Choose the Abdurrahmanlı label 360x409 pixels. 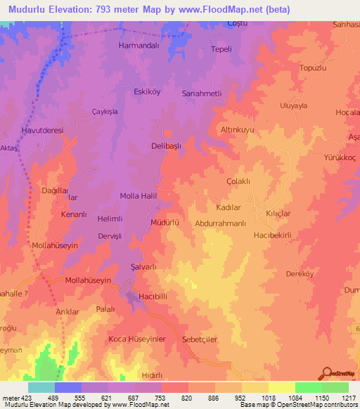220,223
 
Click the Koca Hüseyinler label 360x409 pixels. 136,339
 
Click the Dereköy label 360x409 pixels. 299,274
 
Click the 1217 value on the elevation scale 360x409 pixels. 340,397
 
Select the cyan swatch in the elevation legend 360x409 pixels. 41,387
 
